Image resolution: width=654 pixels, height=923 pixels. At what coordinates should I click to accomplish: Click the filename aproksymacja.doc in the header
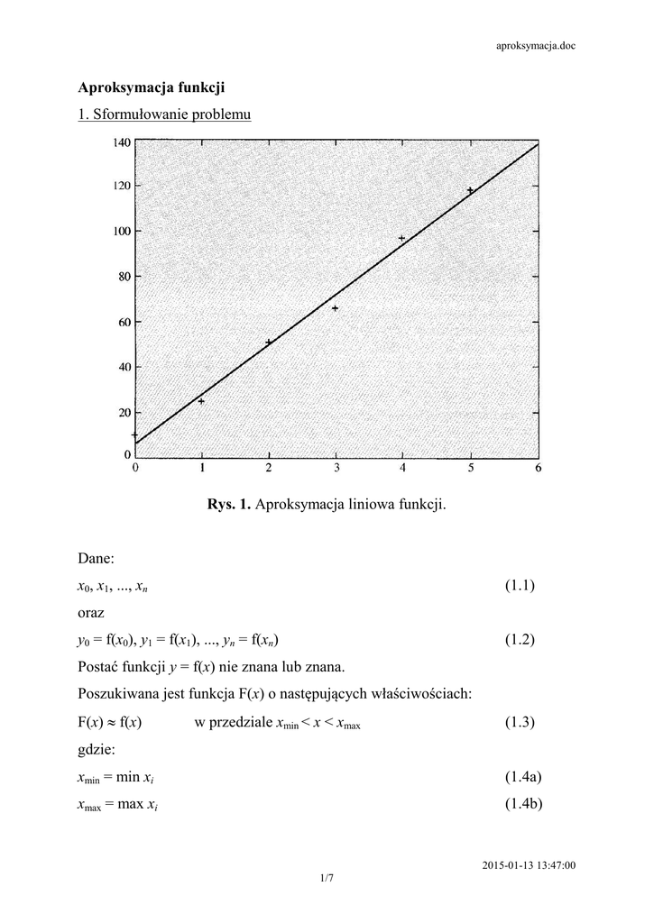(536, 46)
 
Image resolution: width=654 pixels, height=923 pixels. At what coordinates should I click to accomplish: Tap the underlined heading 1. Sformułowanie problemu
(164, 115)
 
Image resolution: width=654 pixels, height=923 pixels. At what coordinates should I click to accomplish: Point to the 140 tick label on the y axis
(121, 142)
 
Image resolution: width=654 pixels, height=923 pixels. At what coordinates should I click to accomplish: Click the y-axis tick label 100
(121, 232)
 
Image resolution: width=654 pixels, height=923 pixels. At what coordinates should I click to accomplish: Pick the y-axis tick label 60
(124, 322)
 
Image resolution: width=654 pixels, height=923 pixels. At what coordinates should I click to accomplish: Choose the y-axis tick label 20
(124, 412)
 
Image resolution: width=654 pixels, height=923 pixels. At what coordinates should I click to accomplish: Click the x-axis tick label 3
(336, 468)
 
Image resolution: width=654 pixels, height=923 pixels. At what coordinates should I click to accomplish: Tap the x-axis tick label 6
(538, 468)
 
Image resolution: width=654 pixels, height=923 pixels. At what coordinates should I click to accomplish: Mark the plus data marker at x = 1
(201, 401)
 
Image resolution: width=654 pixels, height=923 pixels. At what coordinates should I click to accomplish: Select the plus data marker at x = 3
(335, 308)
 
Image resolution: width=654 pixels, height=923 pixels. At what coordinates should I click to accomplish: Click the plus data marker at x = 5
(470, 190)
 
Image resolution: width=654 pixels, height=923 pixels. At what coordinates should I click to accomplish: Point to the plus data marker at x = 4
(401, 239)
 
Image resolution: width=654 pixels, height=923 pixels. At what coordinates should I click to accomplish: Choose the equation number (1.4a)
(522, 777)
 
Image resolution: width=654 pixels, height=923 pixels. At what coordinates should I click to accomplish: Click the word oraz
(92, 613)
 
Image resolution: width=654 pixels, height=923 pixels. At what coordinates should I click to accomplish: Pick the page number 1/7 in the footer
(326, 876)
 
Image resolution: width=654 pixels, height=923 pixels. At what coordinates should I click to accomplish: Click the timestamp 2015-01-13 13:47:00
(530, 865)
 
